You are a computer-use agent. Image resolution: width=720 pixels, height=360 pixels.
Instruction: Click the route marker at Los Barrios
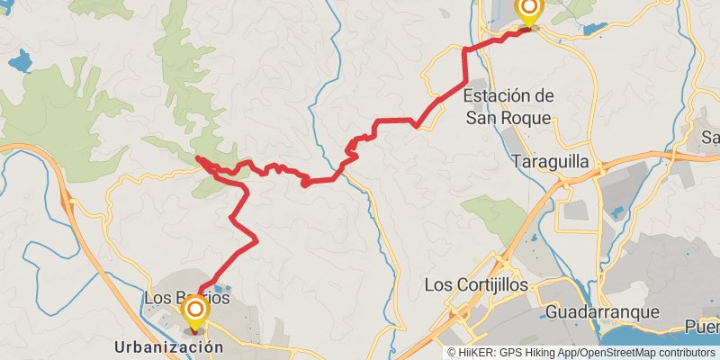coord(195,312)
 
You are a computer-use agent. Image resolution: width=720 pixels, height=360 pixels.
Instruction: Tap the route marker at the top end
coord(528,10)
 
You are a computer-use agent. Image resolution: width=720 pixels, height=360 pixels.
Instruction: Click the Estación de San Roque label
coord(508,104)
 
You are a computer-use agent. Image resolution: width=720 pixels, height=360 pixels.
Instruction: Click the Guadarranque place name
coord(602,313)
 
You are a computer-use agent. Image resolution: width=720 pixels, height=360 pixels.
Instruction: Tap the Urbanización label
coord(168,346)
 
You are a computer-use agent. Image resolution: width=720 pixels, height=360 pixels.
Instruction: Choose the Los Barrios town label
coord(186,297)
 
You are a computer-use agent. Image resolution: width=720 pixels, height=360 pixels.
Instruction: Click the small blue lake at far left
coord(19,62)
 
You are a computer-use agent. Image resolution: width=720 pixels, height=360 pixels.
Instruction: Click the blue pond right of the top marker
coord(596,29)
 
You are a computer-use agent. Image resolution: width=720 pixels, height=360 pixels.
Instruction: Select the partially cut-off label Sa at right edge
coord(711,138)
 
